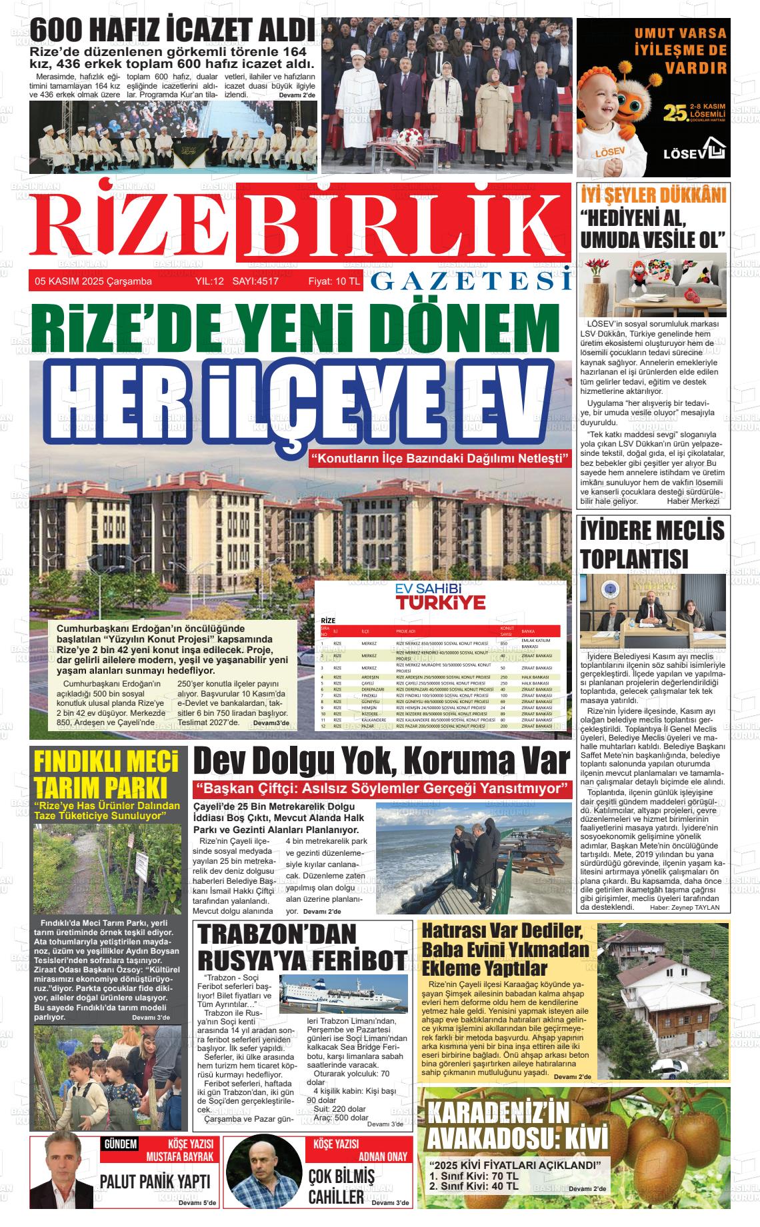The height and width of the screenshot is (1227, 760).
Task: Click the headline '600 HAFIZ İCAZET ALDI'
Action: click(x=172, y=31)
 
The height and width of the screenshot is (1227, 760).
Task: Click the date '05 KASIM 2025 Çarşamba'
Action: click(x=93, y=281)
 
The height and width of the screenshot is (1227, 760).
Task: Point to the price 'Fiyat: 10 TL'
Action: click(x=333, y=281)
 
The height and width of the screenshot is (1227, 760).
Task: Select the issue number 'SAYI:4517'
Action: click(x=255, y=281)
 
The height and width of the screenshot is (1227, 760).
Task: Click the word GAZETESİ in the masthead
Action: click(x=471, y=281)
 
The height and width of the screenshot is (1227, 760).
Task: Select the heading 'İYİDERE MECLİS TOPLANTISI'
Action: click(x=652, y=543)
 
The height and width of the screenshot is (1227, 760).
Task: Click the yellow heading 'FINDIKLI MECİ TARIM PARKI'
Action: click(x=105, y=774)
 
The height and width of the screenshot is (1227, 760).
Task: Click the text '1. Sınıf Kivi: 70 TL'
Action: click(x=474, y=1176)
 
